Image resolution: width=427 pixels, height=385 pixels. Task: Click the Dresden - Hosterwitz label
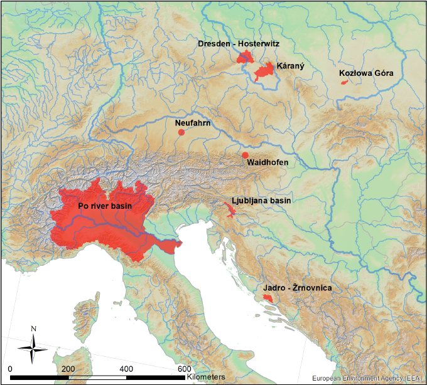[238, 44]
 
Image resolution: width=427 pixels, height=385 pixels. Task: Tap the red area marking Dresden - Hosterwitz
[244, 58]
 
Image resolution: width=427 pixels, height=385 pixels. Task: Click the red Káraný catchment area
[265, 72]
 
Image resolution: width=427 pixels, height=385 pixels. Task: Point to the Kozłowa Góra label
[366, 73]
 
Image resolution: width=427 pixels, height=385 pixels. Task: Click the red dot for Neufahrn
[181, 132]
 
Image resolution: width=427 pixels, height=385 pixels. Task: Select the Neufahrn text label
[193, 124]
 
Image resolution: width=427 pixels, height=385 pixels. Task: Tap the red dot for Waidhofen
[245, 155]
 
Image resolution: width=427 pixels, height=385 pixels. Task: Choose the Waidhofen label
[268, 163]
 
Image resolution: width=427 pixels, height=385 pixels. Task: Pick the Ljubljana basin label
[261, 201]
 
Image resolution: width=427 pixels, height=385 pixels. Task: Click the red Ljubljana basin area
[230, 209]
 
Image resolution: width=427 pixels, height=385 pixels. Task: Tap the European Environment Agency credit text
[373, 379]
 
